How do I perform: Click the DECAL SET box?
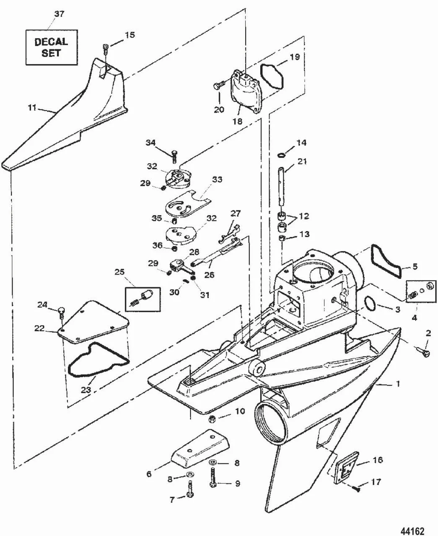tap(52, 47)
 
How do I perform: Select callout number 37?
tap(59, 13)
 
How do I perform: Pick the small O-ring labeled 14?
tap(280, 155)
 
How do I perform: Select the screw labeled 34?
tap(174, 156)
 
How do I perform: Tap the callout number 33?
tap(217, 179)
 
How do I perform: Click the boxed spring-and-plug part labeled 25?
tap(143, 299)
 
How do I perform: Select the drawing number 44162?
tap(412, 524)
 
